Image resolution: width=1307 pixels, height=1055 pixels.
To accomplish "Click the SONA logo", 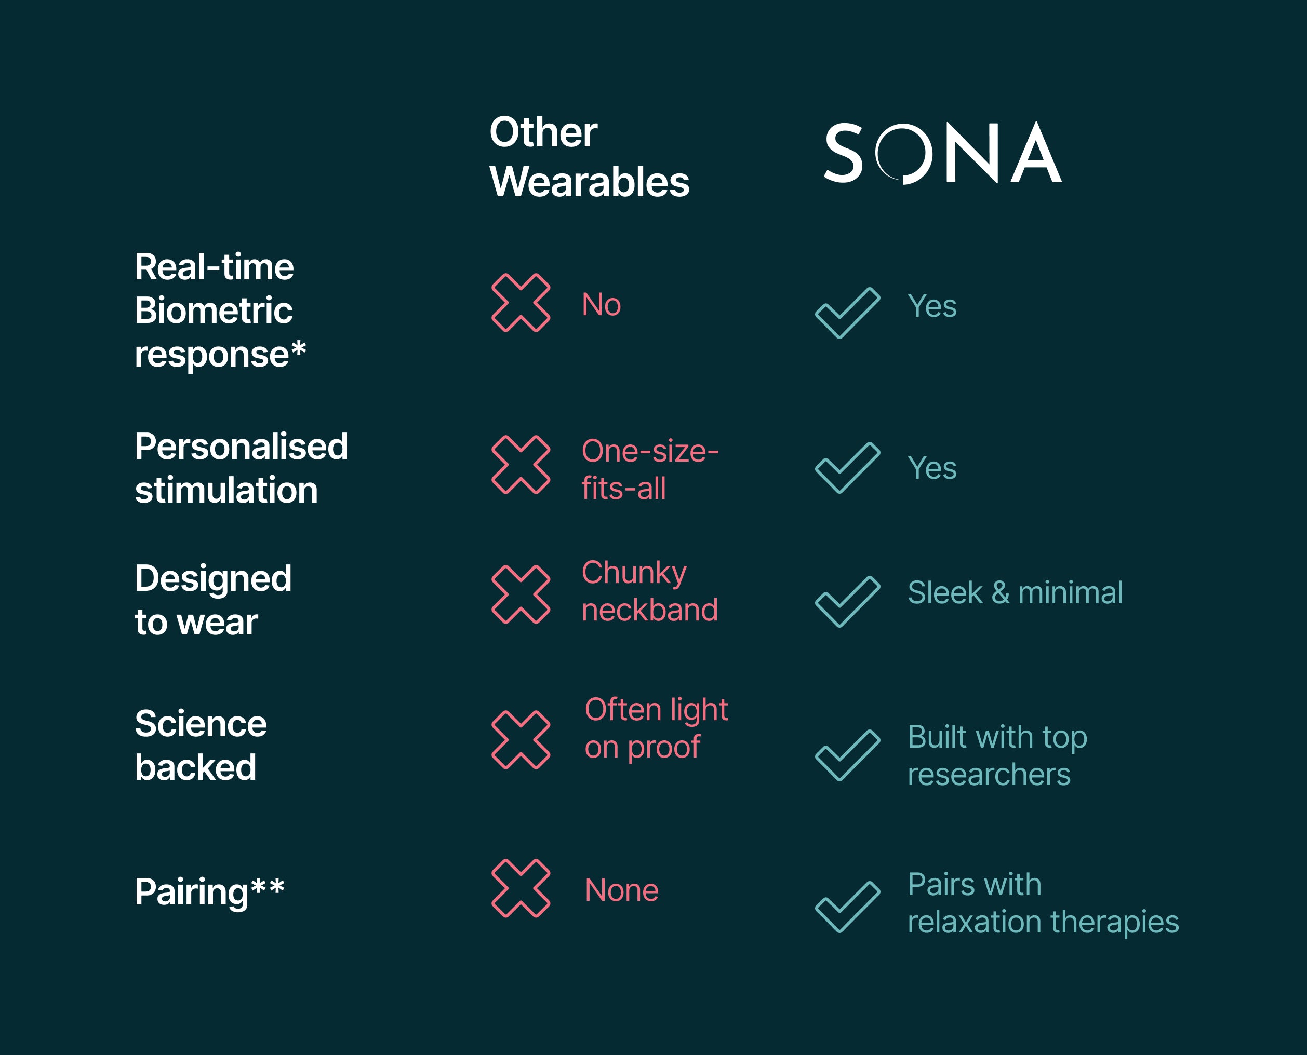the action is pos(943,153).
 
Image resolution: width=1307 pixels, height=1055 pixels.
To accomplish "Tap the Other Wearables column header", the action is pos(589,157).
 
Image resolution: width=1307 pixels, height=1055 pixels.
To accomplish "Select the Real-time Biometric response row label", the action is pos(220,310).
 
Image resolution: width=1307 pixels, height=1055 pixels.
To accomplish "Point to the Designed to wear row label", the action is pos(213,600).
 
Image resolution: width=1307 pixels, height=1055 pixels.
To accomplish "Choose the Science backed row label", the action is pos(201,745).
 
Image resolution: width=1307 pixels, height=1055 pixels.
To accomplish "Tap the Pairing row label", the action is pos(210,892).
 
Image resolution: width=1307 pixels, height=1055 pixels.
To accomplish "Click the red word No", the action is pos(601,304).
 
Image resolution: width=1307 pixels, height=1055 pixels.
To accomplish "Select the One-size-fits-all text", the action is pos(650,470).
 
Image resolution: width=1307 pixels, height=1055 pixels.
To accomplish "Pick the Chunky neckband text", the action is pos(650,591).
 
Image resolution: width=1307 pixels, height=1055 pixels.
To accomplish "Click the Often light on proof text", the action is pos(656,728).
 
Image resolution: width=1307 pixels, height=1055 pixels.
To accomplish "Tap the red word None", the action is pos(621,890).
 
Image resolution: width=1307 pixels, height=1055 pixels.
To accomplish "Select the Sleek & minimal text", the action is pos(1015,592).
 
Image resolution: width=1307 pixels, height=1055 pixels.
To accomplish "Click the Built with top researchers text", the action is pos(997,755).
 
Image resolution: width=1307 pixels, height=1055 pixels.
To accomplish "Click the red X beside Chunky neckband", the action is pos(521,594).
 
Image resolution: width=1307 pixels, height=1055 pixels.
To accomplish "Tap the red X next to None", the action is pos(521,888).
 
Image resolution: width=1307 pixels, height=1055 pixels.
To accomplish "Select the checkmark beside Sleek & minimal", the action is pos(847,602).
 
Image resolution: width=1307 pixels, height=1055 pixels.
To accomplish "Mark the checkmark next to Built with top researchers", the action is pos(847,755).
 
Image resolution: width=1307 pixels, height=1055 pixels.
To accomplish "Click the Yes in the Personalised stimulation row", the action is pos(932,468).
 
